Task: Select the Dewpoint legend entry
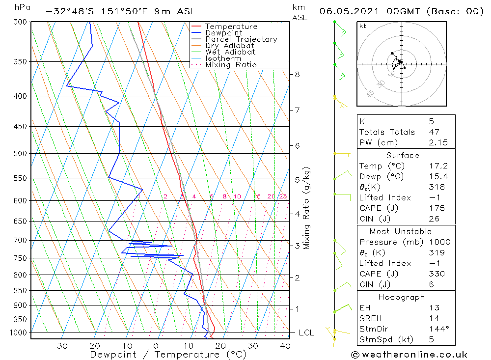point(223,33)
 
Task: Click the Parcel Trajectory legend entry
point(241,39)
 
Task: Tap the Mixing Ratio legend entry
point(231,65)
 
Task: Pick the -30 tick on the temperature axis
point(59,346)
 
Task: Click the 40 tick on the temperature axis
point(285,346)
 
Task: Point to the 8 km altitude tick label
point(297,75)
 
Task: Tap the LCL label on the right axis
point(306,333)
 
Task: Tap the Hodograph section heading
point(402,297)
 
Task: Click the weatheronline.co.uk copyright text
point(409,355)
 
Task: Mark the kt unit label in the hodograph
point(363,26)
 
